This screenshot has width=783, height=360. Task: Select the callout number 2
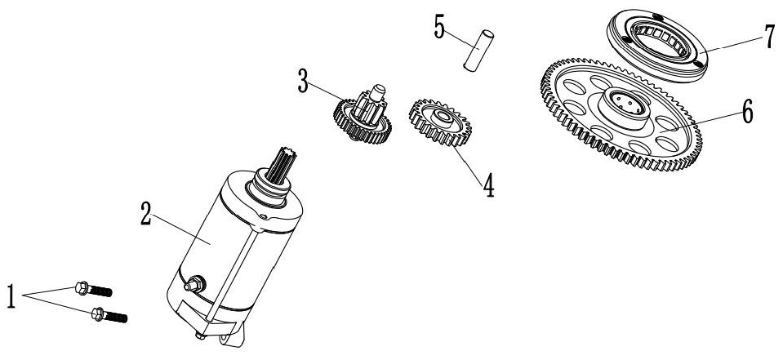coord(146,214)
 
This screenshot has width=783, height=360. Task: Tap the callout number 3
coord(303,82)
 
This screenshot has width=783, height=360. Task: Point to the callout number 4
coord(488,184)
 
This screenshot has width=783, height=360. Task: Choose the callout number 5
coord(439,27)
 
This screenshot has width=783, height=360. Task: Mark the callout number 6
coord(747,111)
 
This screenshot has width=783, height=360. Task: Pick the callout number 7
coord(770,38)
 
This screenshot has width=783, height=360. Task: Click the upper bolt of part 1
coord(93,289)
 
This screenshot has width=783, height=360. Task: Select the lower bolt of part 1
coord(109,314)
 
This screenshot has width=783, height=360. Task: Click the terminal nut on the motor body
coord(195,284)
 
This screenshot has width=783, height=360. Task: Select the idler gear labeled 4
coord(440,122)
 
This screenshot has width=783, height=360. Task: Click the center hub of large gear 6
coord(625,108)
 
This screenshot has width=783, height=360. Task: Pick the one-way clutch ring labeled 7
coord(657,46)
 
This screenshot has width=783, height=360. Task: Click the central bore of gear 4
coord(441,119)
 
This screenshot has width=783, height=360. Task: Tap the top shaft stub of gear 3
coord(377,92)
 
